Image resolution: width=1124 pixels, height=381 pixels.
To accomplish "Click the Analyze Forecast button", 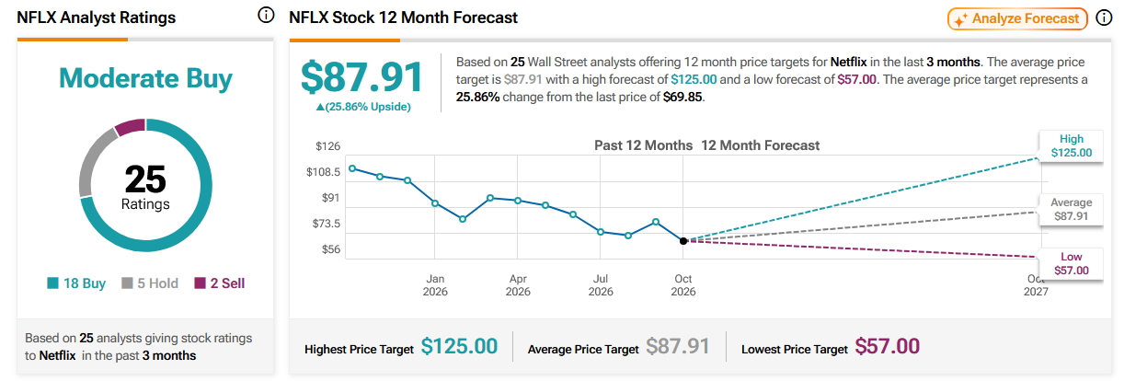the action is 1017,19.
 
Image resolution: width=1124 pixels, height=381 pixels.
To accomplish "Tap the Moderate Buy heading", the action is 145,79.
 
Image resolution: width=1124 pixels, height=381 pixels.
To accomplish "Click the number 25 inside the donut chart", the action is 145,179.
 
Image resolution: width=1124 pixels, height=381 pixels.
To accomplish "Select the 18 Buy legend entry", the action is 76,283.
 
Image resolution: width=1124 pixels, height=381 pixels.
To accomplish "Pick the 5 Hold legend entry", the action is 150,283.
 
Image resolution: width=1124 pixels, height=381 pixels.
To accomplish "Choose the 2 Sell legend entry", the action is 219,283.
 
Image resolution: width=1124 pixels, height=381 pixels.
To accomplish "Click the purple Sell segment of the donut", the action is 131,126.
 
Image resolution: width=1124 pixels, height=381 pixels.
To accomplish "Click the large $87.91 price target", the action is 361,77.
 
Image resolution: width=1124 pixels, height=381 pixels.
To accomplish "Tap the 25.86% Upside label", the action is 363,107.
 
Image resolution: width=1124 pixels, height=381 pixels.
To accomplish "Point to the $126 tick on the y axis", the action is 327,146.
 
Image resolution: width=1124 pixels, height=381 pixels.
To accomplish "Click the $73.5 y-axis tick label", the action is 327,224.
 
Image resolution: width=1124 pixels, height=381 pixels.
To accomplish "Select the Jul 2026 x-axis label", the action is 601,285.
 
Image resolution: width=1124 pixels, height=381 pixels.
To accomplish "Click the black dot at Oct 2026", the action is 683,241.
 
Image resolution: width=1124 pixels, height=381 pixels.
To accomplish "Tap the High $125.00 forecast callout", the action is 1072,146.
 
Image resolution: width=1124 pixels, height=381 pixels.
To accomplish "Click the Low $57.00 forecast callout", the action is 1072,264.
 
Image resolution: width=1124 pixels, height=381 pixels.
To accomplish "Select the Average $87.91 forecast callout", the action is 1072,209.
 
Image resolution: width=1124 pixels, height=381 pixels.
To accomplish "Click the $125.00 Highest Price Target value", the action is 459,346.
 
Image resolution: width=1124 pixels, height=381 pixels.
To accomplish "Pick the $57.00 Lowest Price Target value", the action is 888,346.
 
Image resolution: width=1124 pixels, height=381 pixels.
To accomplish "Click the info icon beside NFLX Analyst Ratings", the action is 266,16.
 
